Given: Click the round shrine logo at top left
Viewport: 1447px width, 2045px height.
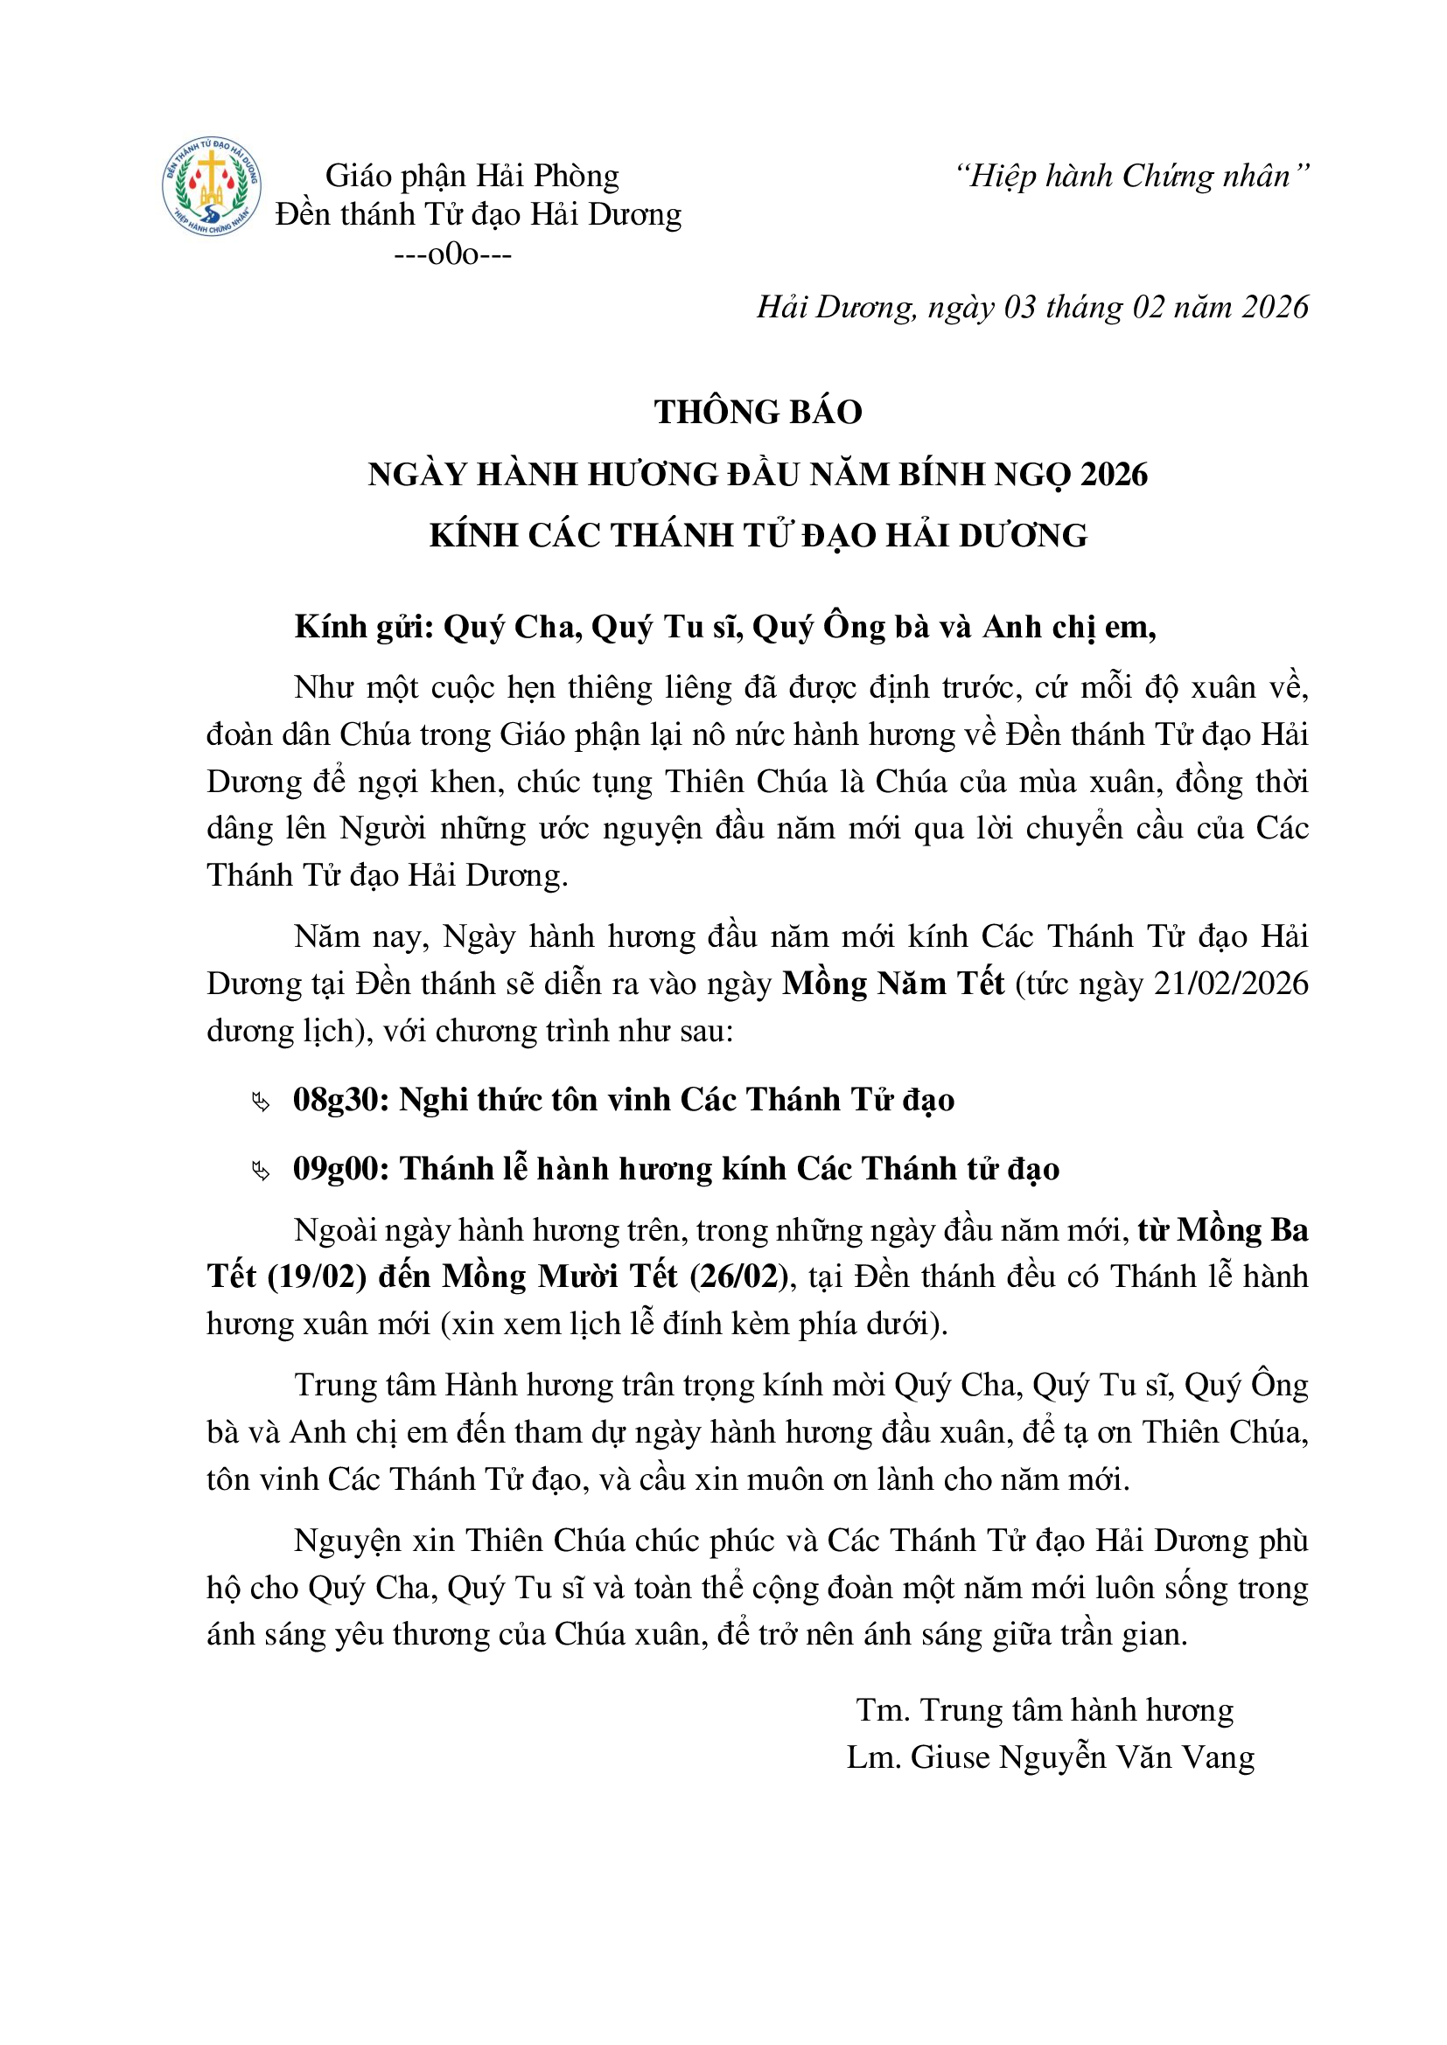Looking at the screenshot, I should [x=211, y=187].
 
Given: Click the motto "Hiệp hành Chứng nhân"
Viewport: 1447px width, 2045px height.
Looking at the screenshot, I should [x=1131, y=177].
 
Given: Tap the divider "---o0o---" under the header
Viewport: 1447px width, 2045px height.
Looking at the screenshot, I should [x=452, y=254].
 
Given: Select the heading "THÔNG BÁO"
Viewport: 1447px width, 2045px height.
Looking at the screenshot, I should [x=758, y=413].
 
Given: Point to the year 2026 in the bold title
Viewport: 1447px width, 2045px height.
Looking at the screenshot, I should [x=1114, y=475].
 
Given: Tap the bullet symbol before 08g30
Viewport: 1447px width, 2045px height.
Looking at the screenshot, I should [x=260, y=1103].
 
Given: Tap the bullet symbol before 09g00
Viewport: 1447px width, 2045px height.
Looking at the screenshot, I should [x=260, y=1172].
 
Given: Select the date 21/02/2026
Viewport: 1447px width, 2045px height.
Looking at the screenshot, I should [x=1231, y=984].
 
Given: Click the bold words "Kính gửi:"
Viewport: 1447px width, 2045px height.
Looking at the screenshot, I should [x=364, y=628].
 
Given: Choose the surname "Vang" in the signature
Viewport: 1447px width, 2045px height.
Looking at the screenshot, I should [x=1218, y=1757].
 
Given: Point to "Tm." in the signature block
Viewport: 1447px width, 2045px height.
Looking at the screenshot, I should [x=882, y=1710].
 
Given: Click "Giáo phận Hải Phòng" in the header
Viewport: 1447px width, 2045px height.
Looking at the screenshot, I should [x=472, y=177].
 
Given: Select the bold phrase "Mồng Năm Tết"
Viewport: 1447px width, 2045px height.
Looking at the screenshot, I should [x=893, y=984].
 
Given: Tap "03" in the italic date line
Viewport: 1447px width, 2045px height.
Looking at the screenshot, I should [x=1019, y=307].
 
